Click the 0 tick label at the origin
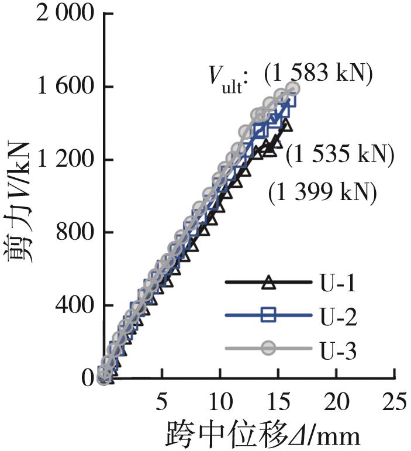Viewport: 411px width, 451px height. click(88, 378)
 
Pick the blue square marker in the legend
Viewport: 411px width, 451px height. click(268, 316)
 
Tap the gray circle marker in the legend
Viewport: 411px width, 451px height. click(268, 349)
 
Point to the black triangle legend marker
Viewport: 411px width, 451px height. click(268, 284)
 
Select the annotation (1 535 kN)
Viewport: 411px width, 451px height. click(340, 156)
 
